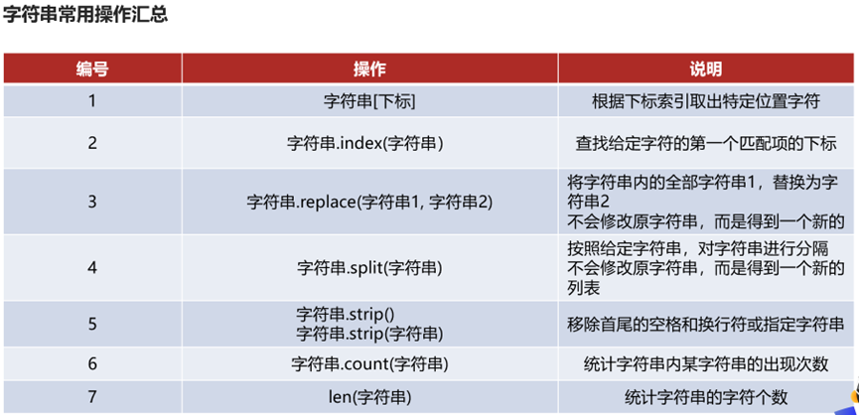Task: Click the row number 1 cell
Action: pyautogui.click(x=92, y=100)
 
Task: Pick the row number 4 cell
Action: pyautogui.click(x=92, y=268)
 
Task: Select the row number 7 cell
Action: pyautogui.click(x=92, y=397)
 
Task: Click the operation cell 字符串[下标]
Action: pyautogui.click(x=369, y=100)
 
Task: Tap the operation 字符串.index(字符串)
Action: pyautogui.click(x=369, y=143)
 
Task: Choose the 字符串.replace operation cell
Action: pyautogui.click(x=369, y=202)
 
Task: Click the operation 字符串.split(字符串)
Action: pyautogui.click(x=369, y=268)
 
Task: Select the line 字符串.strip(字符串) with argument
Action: pyautogui.click(x=369, y=333)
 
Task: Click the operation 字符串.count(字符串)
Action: pyautogui.click(x=369, y=363)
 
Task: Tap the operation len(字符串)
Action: pyautogui.click(x=369, y=397)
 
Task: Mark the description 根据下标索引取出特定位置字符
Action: pyautogui.click(x=706, y=100)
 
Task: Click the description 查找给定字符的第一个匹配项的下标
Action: pyautogui.click(x=706, y=143)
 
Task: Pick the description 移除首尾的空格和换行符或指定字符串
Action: pyautogui.click(x=706, y=325)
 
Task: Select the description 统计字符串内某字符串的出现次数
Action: pyautogui.click(x=706, y=363)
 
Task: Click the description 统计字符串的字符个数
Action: pyautogui.click(x=706, y=397)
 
